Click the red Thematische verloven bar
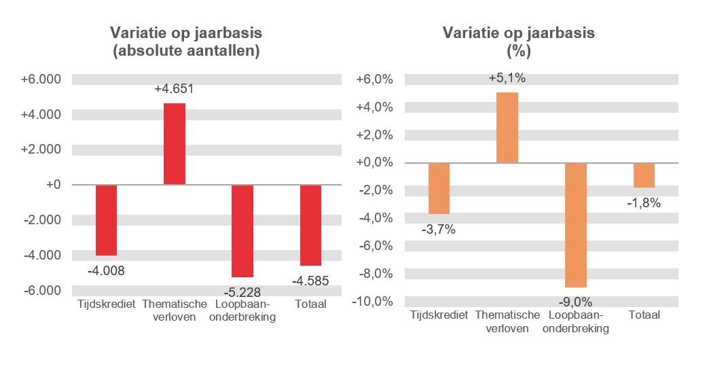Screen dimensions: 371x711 174,144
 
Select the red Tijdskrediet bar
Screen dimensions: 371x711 106,219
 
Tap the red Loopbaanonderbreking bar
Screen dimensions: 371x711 242,230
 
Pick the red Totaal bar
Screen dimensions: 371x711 310,225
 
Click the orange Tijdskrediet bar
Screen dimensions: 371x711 439,188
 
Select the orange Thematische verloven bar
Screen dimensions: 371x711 507,128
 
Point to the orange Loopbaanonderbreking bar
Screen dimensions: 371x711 575,225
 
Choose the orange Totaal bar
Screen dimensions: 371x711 644,175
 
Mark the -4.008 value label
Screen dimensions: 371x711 106,270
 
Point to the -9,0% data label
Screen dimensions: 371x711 575,302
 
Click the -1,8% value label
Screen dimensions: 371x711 644,202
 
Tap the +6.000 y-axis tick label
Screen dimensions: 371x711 41,79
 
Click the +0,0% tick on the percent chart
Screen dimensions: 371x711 375,162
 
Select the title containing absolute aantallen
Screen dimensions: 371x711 186,42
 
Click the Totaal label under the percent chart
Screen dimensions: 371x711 644,315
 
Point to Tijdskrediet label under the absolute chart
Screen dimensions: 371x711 106,304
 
